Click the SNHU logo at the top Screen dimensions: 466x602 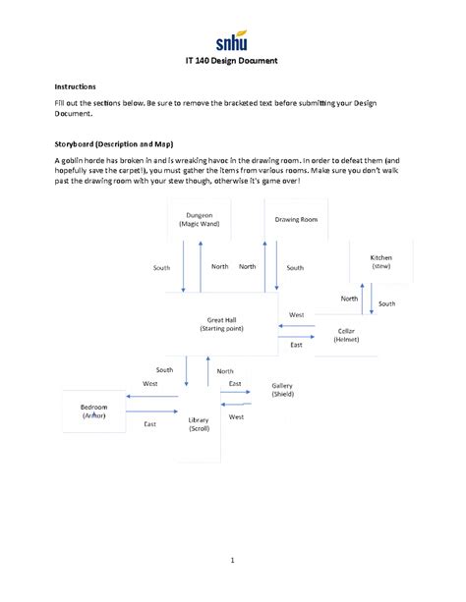point(233,41)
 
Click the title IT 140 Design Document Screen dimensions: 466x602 point(232,61)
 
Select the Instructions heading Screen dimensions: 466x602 point(75,86)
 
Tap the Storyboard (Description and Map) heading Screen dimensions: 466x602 point(113,143)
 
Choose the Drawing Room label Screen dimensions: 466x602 point(296,219)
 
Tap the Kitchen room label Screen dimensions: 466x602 point(381,257)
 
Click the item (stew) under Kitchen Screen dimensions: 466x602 point(381,266)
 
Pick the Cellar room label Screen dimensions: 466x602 point(346,331)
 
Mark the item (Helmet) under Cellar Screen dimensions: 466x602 point(346,340)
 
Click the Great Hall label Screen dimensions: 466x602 point(221,319)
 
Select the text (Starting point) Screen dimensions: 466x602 point(221,328)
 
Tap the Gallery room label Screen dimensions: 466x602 point(282,385)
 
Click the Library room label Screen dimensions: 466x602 point(199,419)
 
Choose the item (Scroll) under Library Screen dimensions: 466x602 point(199,428)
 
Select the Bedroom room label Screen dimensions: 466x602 point(94,407)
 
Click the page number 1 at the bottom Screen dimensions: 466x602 point(232,561)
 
